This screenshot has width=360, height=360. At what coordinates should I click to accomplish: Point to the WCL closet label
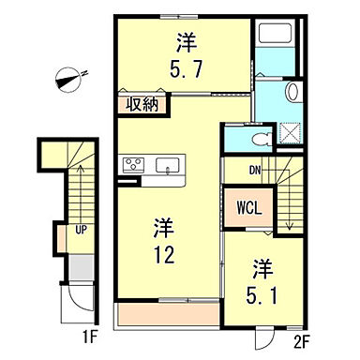[248, 204]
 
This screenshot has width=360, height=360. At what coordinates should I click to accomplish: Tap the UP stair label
[82, 228]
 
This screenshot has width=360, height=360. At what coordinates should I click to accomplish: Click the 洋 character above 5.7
[186, 42]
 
